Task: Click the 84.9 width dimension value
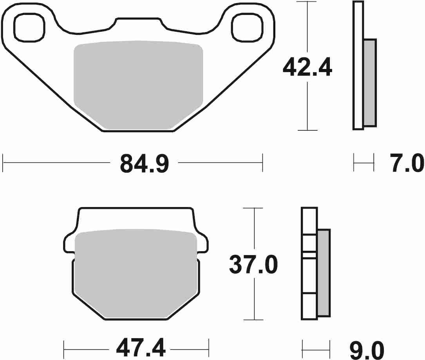144,164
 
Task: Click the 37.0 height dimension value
253,265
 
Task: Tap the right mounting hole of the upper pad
246,27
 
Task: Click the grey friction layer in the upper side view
370,83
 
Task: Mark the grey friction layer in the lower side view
323,272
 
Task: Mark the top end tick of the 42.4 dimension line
307,2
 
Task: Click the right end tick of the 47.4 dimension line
209,346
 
